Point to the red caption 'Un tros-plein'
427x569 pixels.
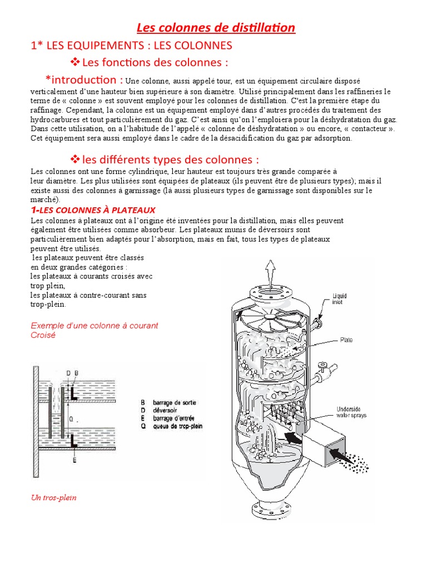pyautogui.click(x=53, y=497)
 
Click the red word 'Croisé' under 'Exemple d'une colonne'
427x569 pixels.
pyautogui.click(x=43, y=335)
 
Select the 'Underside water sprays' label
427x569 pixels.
pyautogui.click(x=350, y=412)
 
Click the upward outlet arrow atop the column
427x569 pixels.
pyautogui.click(x=271, y=273)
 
